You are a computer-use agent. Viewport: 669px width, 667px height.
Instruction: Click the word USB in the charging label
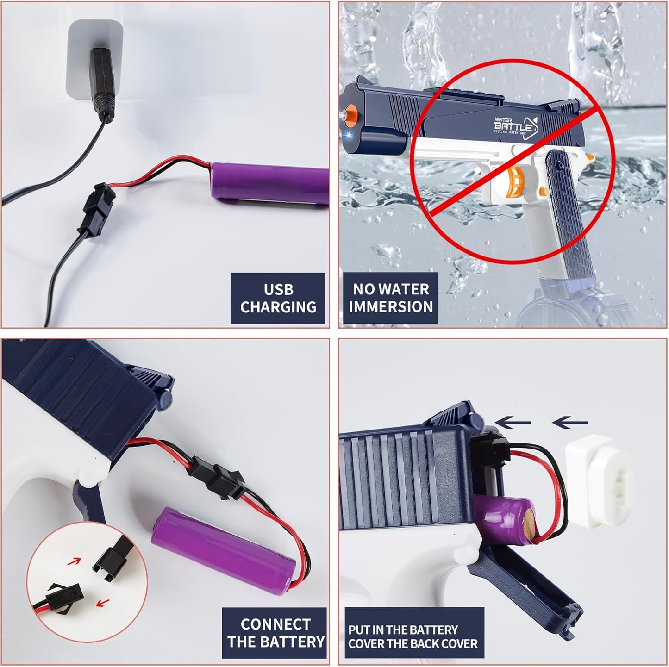(x=278, y=289)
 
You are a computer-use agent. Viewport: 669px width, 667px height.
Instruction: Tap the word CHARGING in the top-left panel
(x=278, y=307)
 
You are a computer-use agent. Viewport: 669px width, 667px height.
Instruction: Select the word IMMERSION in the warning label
(x=391, y=306)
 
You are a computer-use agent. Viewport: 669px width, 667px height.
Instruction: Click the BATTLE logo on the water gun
(x=515, y=126)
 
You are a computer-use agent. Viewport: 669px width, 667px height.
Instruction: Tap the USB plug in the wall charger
(x=102, y=84)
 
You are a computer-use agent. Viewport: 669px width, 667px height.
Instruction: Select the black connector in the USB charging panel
(x=96, y=209)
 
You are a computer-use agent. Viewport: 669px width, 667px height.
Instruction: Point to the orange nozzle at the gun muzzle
(x=349, y=115)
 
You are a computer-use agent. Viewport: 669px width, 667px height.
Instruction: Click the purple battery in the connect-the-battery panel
(x=224, y=551)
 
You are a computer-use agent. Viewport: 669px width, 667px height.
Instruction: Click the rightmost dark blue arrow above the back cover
(x=570, y=423)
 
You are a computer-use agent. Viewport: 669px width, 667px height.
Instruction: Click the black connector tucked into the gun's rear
(x=490, y=451)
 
